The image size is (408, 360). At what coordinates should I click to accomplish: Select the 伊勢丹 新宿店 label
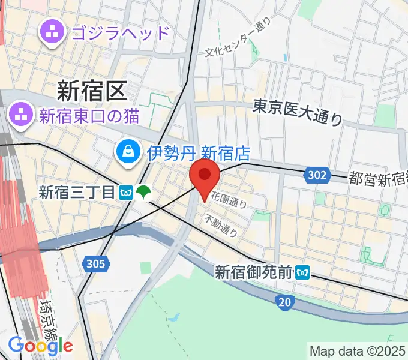[x=199, y=152]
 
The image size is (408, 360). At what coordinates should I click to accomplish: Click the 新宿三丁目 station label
[x=76, y=192]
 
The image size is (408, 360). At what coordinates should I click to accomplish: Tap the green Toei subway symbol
[x=143, y=192]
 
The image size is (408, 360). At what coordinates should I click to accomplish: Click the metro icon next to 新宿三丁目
[x=126, y=192]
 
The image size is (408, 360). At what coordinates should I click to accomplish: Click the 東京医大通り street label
[x=298, y=112]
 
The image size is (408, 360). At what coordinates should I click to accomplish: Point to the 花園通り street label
[x=229, y=199]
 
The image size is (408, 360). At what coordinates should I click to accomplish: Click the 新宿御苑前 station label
[x=254, y=272]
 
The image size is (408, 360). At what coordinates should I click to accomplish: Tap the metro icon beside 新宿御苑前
[x=302, y=272]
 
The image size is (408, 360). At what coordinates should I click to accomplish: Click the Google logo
[x=40, y=345]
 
